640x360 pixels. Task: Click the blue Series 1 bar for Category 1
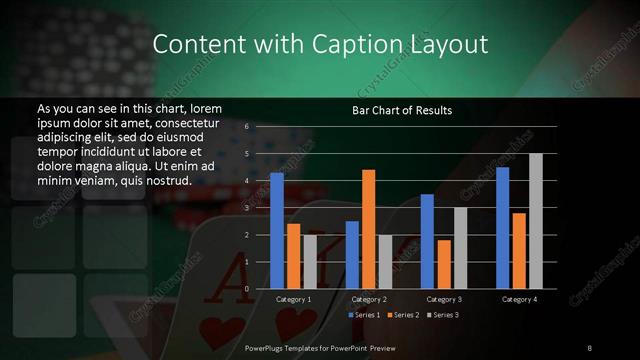(x=277, y=230)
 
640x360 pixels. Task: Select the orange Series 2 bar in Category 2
(x=369, y=229)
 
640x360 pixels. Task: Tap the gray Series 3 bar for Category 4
(x=536, y=221)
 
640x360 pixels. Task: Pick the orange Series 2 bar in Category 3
(x=444, y=264)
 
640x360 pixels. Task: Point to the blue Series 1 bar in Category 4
(x=502, y=228)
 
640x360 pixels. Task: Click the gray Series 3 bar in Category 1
(x=310, y=261)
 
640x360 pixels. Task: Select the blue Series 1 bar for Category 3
(x=427, y=241)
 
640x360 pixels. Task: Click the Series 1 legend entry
(x=364, y=315)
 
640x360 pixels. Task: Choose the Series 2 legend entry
(x=403, y=315)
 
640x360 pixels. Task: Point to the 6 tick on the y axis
(x=246, y=127)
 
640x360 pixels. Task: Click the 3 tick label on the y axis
(x=246, y=208)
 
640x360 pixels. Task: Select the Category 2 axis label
(x=369, y=299)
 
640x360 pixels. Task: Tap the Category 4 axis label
(x=519, y=299)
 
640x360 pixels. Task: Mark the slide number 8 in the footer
(x=590, y=346)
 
